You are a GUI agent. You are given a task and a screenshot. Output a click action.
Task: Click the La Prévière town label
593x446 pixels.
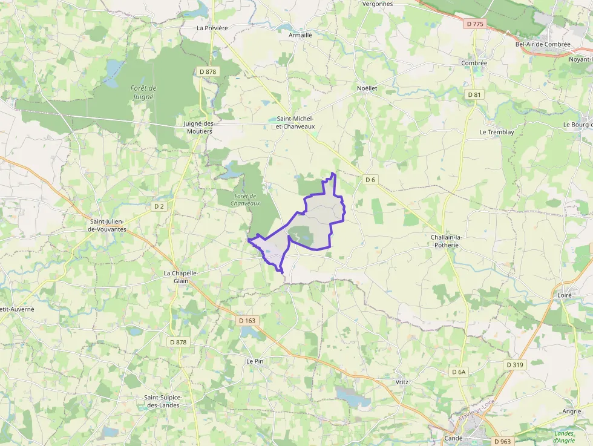pos(212,28)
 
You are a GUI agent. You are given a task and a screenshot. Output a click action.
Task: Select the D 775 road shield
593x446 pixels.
pos(476,24)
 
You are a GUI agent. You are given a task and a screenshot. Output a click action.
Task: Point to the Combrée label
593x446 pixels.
pos(474,63)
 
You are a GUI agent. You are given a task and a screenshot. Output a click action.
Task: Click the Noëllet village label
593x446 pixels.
pos(367,88)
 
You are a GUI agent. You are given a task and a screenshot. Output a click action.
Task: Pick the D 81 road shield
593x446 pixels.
pos(474,95)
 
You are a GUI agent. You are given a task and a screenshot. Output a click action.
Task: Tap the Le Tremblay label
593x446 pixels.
pos(496,132)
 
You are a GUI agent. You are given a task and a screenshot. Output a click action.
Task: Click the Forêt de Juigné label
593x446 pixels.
pos(143,92)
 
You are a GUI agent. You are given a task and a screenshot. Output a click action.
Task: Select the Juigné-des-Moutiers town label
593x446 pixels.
pos(198,127)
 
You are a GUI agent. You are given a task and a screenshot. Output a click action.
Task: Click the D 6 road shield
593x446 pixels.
pos(370,180)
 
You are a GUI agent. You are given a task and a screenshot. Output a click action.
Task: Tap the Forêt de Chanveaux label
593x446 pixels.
pos(245,199)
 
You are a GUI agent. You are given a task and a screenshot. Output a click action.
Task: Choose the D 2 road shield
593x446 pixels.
pos(159,206)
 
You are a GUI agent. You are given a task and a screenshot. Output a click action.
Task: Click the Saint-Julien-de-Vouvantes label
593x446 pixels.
pos(116,225)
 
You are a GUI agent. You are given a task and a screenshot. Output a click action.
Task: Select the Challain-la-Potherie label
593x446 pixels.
pos(446,241)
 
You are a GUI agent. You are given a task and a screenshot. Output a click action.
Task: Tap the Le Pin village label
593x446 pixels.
pos(255,361)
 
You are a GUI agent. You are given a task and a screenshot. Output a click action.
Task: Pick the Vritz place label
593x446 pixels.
pos(402,382)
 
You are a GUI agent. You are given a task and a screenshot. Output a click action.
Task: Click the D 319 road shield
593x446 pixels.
pos(515,365)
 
